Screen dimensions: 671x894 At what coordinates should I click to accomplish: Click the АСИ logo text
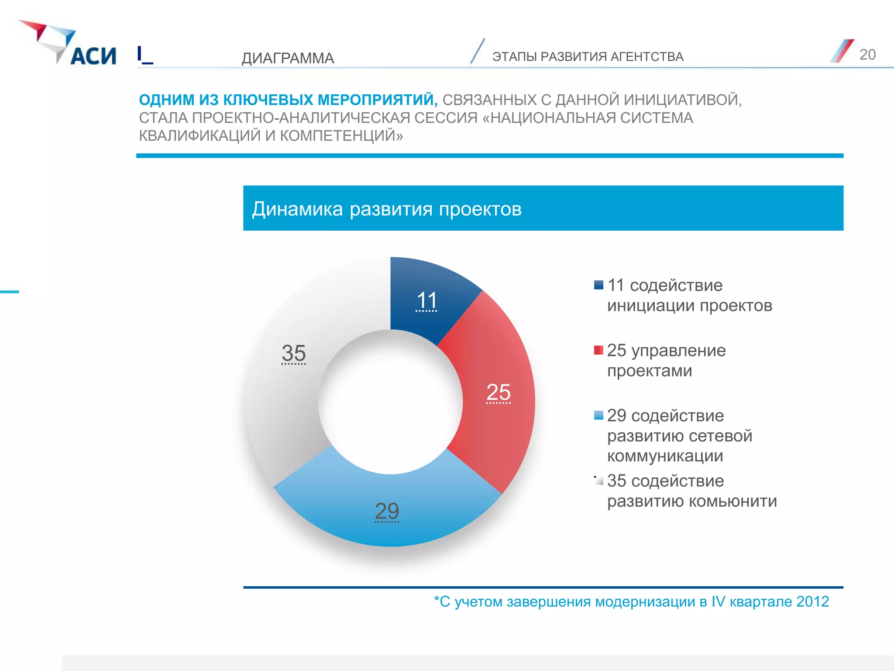click(93, 56)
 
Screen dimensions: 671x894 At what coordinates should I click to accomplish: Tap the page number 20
click(867, 55)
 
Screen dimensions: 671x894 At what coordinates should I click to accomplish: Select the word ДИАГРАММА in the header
click(288, 58)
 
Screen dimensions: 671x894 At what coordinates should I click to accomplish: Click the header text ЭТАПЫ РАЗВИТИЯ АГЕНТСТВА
click(588, 57)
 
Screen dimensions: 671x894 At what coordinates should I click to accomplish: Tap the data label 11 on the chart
click(426, 301)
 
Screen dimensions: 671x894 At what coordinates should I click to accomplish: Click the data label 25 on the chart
click(498, 392)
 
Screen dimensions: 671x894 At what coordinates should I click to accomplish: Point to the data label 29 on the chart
click(387, 511)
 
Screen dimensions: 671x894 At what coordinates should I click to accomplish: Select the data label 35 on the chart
click(293, 353)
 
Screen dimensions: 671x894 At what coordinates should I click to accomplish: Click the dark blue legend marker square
click(598, 285)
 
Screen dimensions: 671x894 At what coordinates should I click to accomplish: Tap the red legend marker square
click(598, 350)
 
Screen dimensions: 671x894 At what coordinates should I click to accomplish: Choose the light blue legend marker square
click(598, 415)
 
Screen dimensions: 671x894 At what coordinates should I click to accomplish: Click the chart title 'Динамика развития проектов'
click(387, 209)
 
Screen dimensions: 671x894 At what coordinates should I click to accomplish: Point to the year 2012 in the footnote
click(812, 602)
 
